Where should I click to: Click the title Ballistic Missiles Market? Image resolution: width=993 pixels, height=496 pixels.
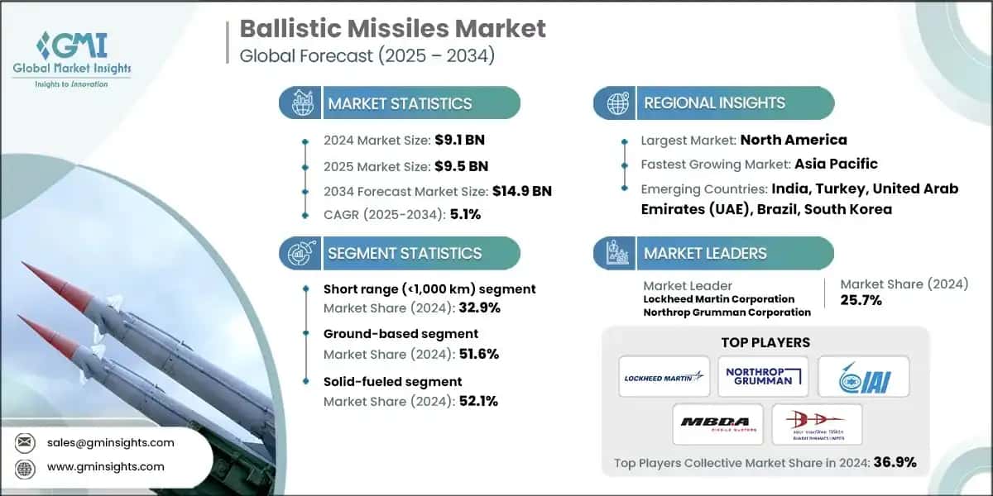(393, 28)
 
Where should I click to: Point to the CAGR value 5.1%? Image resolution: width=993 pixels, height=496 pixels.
(463, 214)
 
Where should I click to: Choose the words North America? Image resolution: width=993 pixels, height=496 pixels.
(793, 140)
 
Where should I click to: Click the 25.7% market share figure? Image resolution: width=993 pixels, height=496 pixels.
(861, 301)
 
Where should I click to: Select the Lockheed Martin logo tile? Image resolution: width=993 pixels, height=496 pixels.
(664, 376)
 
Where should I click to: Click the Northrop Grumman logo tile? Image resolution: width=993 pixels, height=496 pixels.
(763, 376)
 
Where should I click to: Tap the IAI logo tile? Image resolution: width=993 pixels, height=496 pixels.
(863, 376)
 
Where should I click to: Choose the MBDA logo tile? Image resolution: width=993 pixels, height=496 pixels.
(717, 424)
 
